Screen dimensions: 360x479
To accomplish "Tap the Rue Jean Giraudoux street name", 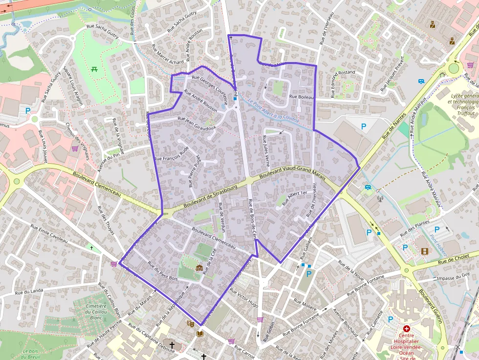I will point(197,123).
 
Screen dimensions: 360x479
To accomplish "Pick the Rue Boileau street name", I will point(301,97).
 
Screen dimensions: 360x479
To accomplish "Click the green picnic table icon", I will point(94,68).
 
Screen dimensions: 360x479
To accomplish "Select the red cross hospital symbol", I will point(406,329).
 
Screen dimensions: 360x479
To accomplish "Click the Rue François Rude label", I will point(171,155).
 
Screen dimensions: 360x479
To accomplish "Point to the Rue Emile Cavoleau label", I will point(49,233).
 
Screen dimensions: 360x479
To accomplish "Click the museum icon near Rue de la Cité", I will point(199,268).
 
